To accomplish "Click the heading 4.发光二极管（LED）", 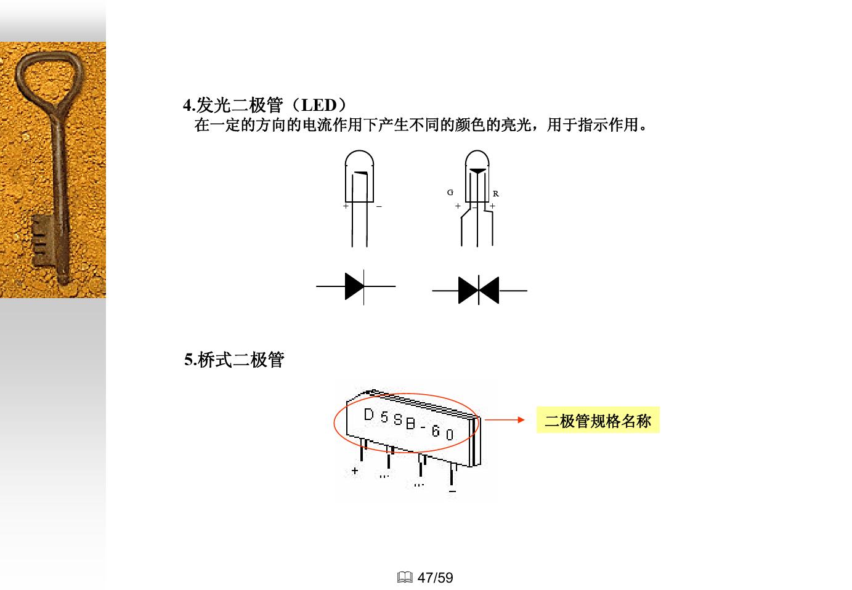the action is (x=265, y=105).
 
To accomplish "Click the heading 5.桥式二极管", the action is (x=234, y=360).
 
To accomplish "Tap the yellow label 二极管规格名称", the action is (x=597, y=421).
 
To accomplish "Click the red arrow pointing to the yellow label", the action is (x=504, y=420).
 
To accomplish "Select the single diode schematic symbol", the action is (x=355, y=286).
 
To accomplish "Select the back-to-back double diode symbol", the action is (x=479, y=290).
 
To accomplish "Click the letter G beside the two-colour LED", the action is (x=450, y=193).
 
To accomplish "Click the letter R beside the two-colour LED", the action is (x=495, y=194).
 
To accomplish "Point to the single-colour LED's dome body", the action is (x=360, y=176).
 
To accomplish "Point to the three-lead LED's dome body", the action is (x=477, y=176).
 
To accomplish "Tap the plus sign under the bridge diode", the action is (x=355, y=471).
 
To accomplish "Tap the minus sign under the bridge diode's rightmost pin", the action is (x=453, y=491).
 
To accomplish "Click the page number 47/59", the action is (x=435, y=578).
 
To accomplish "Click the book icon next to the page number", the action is (x=405, y=578).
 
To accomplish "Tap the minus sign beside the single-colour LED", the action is (x=379, y=207).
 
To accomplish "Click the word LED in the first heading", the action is (x=318, y=105).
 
